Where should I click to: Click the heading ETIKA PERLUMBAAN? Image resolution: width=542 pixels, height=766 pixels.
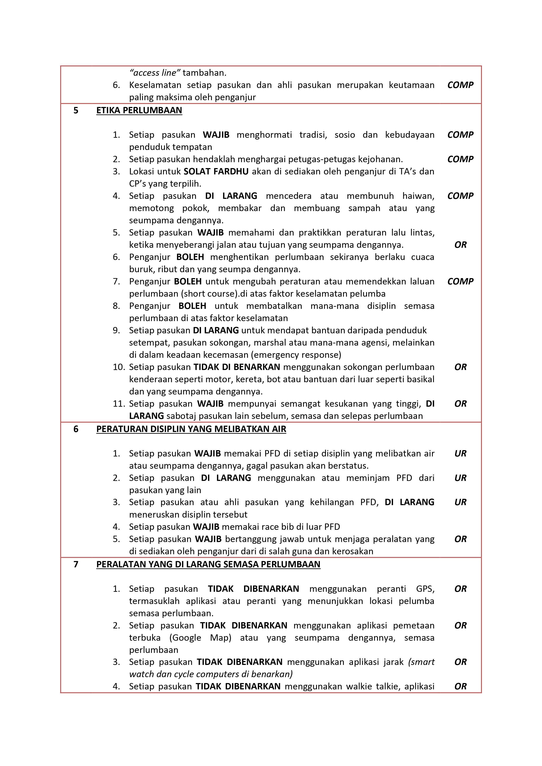point(139,110)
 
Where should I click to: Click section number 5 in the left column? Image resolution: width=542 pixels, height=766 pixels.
point(76,110)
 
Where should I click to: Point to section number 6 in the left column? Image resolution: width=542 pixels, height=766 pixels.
point(76,429)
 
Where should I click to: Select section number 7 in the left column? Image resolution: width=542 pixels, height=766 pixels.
point(76,564)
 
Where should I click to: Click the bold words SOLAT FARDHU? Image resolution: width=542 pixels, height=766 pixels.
point(216,172)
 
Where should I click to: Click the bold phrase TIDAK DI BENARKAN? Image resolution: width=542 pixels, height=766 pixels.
point(237,367)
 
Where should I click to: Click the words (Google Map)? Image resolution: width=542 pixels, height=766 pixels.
point(200,638)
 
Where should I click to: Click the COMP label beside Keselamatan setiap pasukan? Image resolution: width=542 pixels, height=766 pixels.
point(460,85)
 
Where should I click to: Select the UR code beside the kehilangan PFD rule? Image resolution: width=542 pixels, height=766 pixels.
point(460,502)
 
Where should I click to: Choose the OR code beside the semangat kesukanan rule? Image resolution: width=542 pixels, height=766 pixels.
point(460,404)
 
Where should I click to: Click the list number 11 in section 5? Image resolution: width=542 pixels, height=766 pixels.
point(119,404)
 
